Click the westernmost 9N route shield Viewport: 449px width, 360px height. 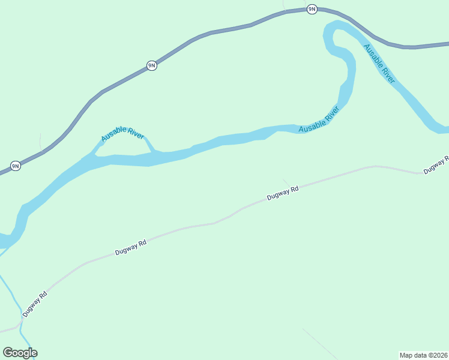16,166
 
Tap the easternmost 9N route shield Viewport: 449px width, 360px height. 312,9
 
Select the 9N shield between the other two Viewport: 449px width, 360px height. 152,65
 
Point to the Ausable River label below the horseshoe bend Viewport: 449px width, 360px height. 319,119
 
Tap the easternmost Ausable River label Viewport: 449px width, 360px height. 379,63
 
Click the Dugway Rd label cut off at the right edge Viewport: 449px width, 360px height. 436,164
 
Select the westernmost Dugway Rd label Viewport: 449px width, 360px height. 35,304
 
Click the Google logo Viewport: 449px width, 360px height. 20,353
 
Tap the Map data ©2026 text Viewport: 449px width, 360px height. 423,355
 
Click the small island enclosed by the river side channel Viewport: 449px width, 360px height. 123,149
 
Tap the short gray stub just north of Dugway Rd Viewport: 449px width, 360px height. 286,181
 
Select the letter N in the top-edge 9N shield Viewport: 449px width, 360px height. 313,9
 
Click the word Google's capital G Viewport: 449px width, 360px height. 8,353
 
